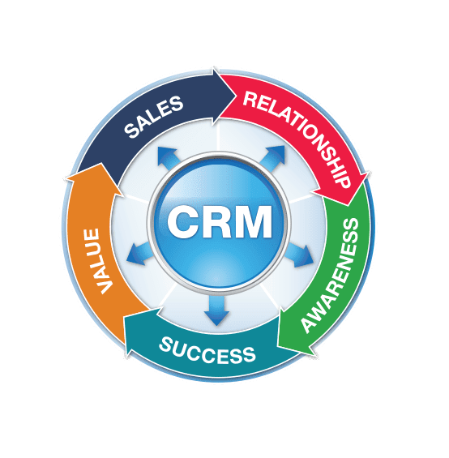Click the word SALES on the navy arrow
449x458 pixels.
[154, 117]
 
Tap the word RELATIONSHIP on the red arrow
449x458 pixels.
[297, 137]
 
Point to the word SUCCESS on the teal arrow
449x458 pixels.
[207, 351]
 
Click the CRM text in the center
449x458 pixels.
[220, 221]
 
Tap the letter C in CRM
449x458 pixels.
[182, 221]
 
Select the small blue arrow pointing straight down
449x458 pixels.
[216, 311]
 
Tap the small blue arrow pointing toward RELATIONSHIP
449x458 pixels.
[272, 158]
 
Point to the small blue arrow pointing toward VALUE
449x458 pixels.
[139, 254]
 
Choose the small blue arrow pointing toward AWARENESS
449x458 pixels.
[299, 255]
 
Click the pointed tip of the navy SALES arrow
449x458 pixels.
[236, 94]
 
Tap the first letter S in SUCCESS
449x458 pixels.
[165, 344]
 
